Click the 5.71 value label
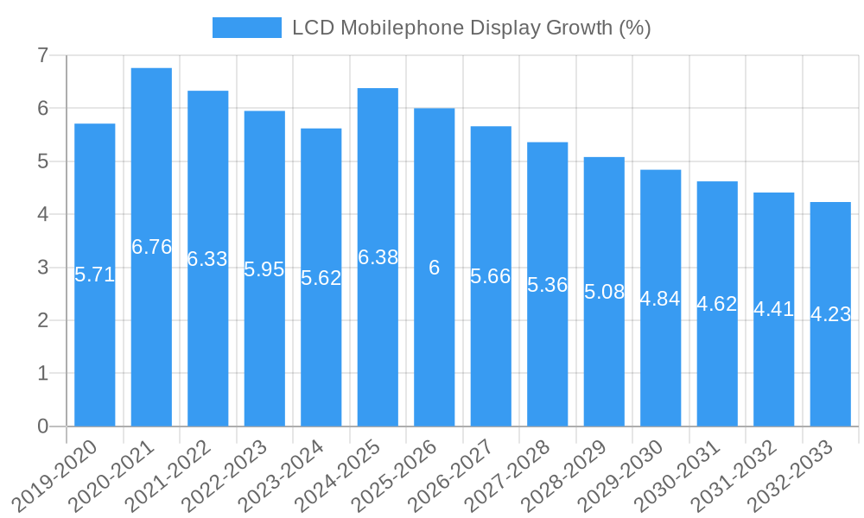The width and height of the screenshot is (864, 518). pos(94,275)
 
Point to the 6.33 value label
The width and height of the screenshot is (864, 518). pos(207,259)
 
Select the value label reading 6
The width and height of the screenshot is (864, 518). pos(434,268)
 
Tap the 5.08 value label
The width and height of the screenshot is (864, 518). pos(604,292)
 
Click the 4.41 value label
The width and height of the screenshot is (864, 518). pos(773,309)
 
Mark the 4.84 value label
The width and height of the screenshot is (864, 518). pos(660,299)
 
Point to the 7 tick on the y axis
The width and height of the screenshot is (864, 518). pos(42,55)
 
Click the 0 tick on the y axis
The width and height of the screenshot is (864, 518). pos(42,426)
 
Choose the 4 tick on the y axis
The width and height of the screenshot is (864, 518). pos(42,214)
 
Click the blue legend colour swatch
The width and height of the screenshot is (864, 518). pos(247,28)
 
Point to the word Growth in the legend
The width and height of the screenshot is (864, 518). pos(580,28)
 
